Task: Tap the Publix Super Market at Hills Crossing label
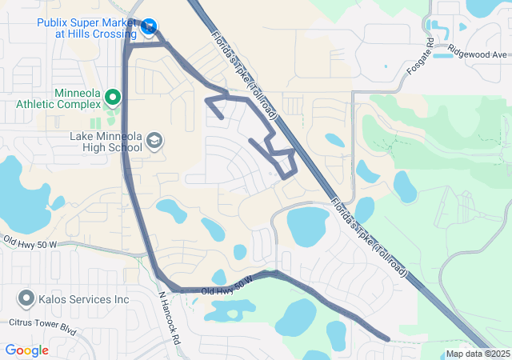(x=86, y=28)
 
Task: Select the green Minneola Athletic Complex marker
(x=113, y=98)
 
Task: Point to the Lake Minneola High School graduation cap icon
(x=154, y=142)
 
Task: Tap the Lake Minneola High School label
(x=104, y=142)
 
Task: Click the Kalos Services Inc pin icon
(x=24, y=300)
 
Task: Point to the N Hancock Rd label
(x=170, y=317)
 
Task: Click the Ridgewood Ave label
(x=478, y=54)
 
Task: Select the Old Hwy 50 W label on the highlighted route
(x=227, y=285)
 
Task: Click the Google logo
(x=27, y=350)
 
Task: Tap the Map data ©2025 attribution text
(x=477, y=354)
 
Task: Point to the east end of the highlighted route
(x=388, y=339)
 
